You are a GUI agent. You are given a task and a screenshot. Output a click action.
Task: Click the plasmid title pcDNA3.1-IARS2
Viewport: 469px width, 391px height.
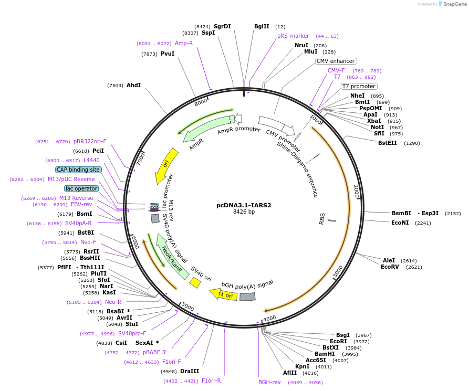tap(244, 205)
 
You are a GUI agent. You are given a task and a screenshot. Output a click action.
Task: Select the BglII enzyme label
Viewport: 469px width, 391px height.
tap(262, 26)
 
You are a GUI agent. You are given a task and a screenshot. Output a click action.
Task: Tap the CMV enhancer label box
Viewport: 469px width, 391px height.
tap(336, 61)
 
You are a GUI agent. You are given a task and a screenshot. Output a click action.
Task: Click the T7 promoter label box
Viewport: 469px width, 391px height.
tap(359, 86)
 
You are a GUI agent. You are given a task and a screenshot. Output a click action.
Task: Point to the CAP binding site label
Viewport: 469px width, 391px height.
tap(78, 170)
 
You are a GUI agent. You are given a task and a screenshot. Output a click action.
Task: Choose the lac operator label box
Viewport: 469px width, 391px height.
tap(81, 188)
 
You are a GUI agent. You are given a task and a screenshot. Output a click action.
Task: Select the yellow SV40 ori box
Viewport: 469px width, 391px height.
tap(195, 283)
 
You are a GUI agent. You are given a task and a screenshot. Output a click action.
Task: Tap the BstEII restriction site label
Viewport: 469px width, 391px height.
tap(388, 143)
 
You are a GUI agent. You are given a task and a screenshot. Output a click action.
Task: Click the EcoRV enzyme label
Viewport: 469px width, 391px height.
tap(390, 267)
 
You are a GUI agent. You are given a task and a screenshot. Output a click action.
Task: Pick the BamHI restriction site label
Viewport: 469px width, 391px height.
tap(325, 354)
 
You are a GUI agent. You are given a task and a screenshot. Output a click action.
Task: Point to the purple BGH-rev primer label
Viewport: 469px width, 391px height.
tap(269, 382)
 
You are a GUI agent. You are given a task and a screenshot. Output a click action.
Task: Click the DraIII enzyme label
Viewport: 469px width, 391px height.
tap(190, 371)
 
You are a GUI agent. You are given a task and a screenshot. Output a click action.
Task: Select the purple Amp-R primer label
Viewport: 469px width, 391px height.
tap(184, 43)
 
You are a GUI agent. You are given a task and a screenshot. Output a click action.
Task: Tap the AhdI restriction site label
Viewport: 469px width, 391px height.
tap(133, 85)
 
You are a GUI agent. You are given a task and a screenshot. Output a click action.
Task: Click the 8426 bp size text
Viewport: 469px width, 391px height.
tap(244, 212)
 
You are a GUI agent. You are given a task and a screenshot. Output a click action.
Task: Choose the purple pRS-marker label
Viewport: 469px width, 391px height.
tap(293, 36)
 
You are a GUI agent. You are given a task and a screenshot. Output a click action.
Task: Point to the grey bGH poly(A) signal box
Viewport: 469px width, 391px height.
tap(247, 297)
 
